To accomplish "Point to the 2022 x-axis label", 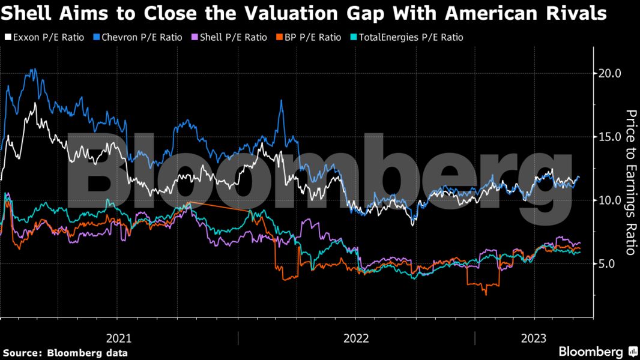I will (356, 338).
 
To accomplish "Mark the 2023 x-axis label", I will (534, 338).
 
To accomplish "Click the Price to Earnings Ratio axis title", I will (630, 182).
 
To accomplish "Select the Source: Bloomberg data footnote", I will (65, 353).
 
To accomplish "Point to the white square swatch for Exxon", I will (7, 37).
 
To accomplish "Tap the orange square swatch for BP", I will (279, 37).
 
